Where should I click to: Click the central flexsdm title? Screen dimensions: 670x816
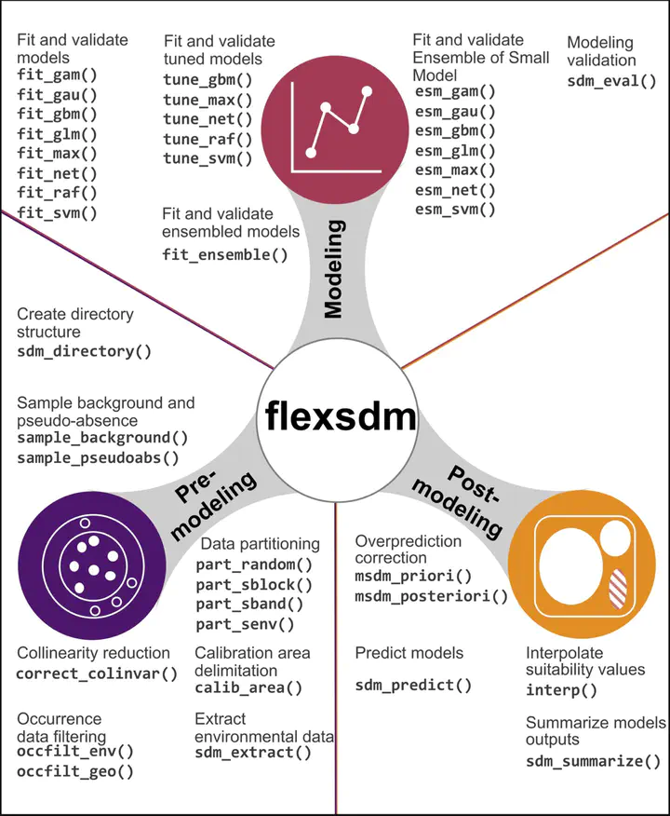pos(341,416)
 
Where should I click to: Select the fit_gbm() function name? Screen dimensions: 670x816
pos(57,114)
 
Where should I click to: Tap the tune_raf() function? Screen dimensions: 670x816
pos(208,139)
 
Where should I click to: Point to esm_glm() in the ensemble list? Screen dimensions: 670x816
pos(455,151)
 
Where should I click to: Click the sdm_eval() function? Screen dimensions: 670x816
pos(611,81)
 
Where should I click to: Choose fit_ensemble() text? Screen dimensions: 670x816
pos(224,254)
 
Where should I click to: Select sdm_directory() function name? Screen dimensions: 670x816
pos(84,351)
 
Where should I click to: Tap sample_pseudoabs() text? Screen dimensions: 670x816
pos(98,458)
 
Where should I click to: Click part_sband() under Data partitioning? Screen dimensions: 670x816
pos(249,605)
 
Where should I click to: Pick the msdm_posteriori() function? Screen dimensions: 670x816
pos(432,596)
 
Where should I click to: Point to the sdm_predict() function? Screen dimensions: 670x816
pos(413,686)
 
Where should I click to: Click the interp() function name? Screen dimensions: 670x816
pos(561,690)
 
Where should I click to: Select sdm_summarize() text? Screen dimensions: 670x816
pos(593,761)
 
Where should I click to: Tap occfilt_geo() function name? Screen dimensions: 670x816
pos(75,771)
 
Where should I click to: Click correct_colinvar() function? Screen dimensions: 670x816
pos(97,673)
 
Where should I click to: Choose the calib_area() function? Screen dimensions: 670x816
pos(248,688)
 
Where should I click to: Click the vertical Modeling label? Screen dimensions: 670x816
pos(333,268)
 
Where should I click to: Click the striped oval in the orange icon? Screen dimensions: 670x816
pos(618,589)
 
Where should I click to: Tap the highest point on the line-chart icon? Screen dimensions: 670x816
pos(367,91)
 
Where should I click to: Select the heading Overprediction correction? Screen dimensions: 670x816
pos(408,550)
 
